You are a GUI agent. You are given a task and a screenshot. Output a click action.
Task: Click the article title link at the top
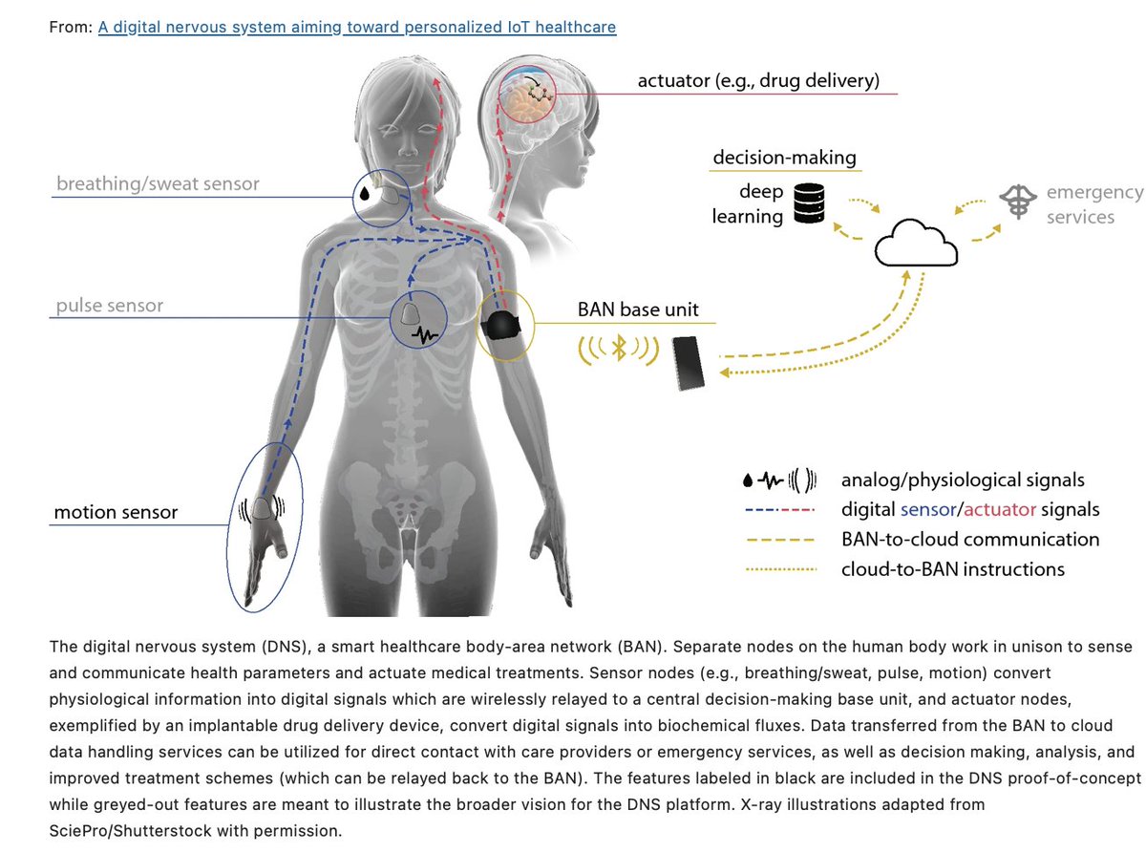357,27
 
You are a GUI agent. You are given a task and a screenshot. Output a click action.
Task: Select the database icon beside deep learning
809,203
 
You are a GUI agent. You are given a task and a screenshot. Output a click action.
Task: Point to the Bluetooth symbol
619,350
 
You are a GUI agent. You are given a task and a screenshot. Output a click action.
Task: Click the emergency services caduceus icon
1018,203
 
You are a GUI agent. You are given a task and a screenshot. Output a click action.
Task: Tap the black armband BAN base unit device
501,325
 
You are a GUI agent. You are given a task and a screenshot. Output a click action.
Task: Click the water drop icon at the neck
365,194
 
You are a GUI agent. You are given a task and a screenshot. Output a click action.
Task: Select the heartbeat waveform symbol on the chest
424,334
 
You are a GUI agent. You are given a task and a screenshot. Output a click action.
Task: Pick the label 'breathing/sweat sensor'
158,183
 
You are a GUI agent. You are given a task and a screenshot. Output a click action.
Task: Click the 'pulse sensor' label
109,306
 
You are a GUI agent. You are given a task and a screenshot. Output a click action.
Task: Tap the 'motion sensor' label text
116,512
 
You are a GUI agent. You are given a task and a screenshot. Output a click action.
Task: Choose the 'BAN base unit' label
638,309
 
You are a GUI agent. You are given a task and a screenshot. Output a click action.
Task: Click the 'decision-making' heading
784,157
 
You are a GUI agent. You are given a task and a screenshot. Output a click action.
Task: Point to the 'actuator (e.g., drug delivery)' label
758,80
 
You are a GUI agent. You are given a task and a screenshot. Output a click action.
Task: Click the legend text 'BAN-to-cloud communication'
969,539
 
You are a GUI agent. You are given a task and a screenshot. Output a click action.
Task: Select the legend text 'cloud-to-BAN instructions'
952,568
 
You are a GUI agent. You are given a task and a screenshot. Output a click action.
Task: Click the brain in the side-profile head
529,95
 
